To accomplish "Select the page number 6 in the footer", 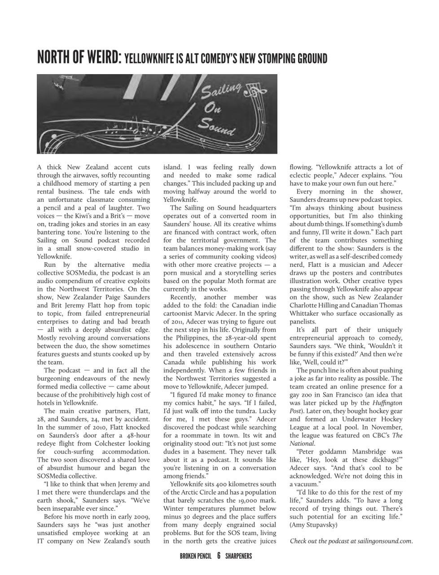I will click(x=218, y=556).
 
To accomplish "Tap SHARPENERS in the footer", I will click(x=238, y=556).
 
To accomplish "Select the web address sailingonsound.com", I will click(x=385, y=541).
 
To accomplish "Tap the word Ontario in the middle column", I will click(x=263, y=346).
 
